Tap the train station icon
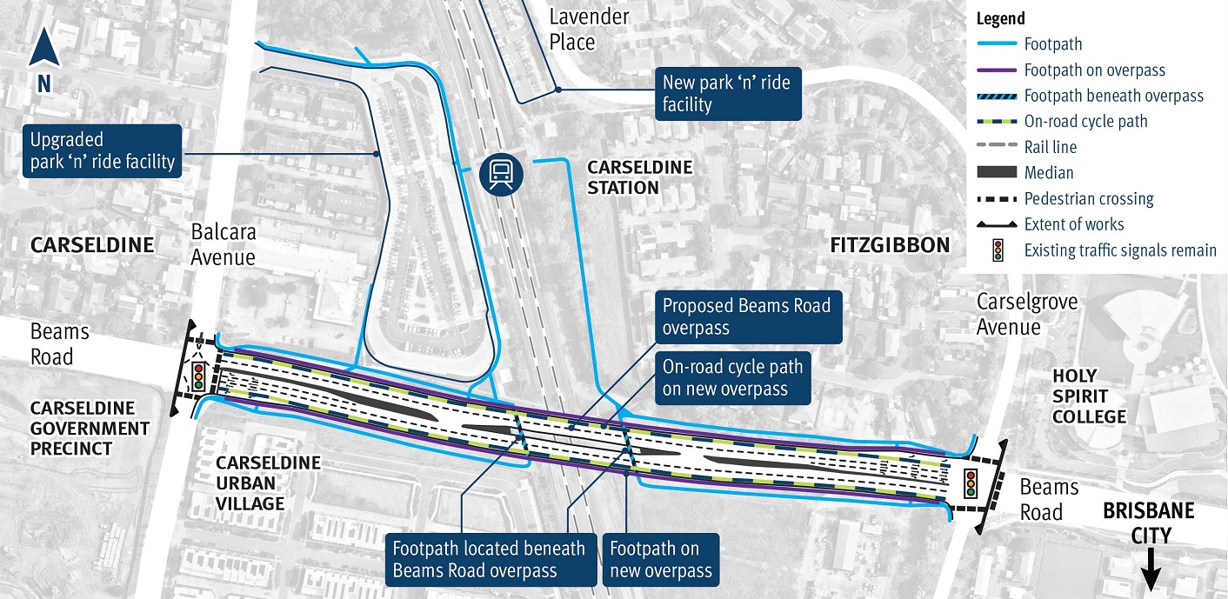tap(502, 173)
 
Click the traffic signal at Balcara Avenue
tap(198, 375)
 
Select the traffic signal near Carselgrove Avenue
tap(970, 483)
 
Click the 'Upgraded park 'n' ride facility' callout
tap(102, 150)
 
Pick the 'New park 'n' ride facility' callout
tap(726, 94)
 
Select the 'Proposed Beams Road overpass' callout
tap(746, 316)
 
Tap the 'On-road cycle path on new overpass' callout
tap(731, 376)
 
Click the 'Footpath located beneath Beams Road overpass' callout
tap(489, 558)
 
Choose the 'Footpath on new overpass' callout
tap(660, 558)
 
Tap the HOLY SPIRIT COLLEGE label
tap(1090, 396)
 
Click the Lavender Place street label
tap(589, 29)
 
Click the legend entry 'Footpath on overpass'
tap(1094, 70)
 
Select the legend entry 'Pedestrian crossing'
tap(1088, 198)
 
